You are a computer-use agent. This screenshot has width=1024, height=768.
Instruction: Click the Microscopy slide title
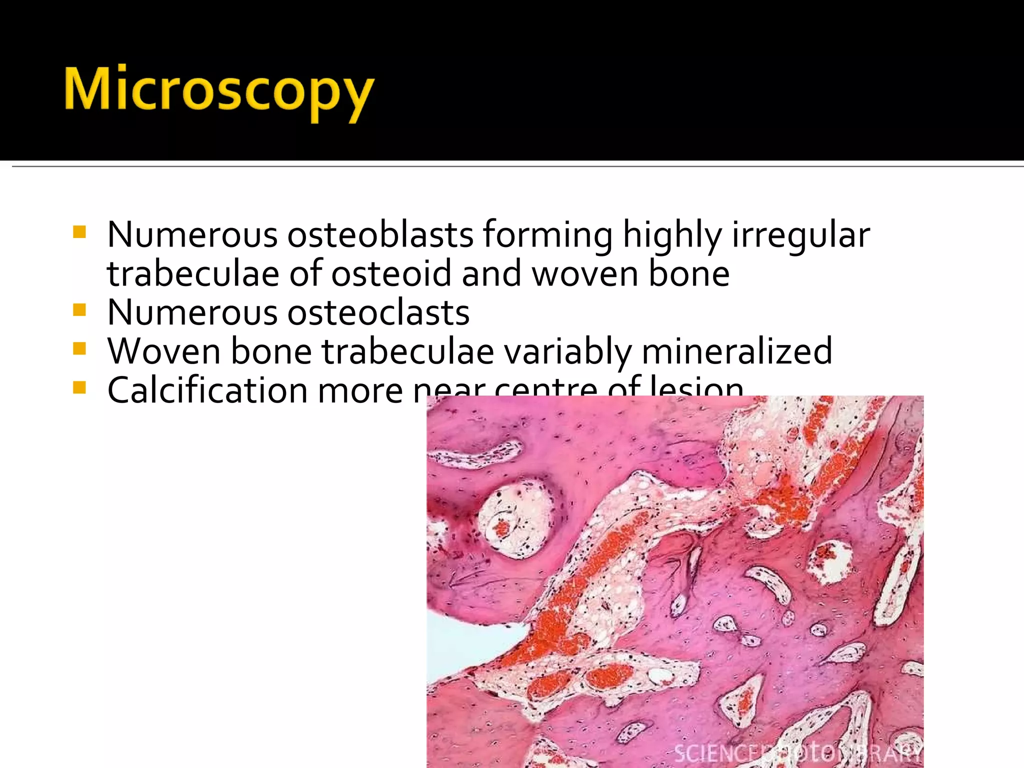pyautogui.click(x=218, y=90)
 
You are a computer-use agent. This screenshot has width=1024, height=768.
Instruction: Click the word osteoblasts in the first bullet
pyautogui.click(x=380, y=234)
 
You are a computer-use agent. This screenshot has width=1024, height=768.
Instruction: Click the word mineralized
pyautogui.click(x=737, y=351)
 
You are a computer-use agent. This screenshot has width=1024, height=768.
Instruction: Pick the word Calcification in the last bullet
pyautogui.click(x=207, y=390)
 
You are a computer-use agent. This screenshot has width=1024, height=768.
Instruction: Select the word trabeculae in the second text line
pyautogui.click(x=192, y=273)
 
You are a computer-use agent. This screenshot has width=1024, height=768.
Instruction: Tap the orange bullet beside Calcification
pyautogui.click(x=79, y=387)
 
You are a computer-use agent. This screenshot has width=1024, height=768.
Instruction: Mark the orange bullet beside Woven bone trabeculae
pyautogui.click(x=79, y=348)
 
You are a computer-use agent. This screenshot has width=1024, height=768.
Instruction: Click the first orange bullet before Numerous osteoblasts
pyautogui.click(x=79, y=232)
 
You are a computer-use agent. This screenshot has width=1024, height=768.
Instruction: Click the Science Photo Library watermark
pyautogui.click(x=797, y=752)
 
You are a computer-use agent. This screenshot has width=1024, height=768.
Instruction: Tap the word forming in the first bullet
pyautogui.click(x=547, y=235)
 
